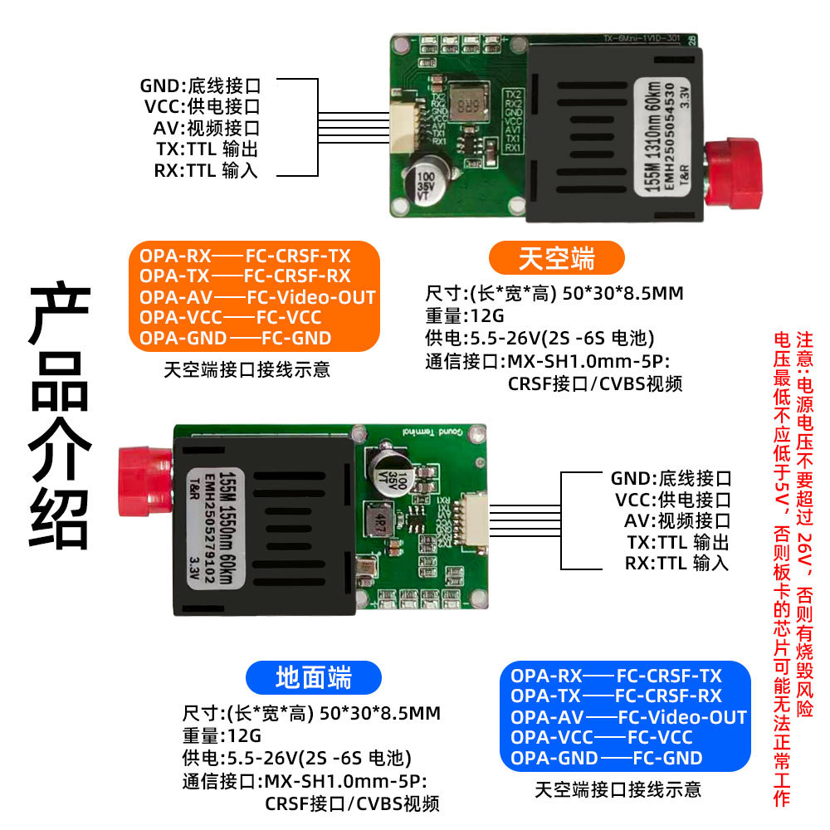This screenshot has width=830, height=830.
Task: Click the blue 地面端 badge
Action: pyautogui.click(x=314, y=678)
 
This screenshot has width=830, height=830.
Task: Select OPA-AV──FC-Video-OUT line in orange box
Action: pyautogui.click(x=257, y=297)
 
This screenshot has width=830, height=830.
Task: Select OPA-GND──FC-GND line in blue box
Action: pyautogui.click(x=606, y=758)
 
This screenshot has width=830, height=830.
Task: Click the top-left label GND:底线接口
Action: pyautogui.click(x=200, y=85)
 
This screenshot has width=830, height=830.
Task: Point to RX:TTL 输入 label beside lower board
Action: pyautogui.click(x=676, y=564)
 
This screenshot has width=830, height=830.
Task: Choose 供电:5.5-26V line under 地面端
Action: pyautogui.click(x=296, y=758)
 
